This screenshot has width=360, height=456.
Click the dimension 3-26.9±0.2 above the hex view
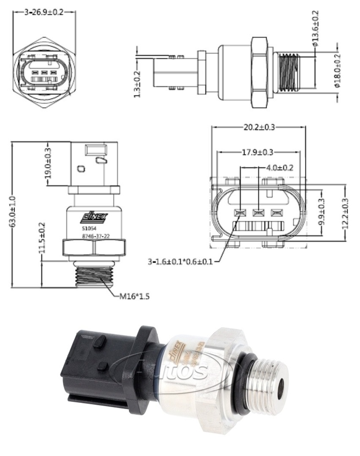44,12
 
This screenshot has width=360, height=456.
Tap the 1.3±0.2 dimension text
137,84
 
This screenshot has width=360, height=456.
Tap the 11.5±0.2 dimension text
42,238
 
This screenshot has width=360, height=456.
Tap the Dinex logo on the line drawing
94,217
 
